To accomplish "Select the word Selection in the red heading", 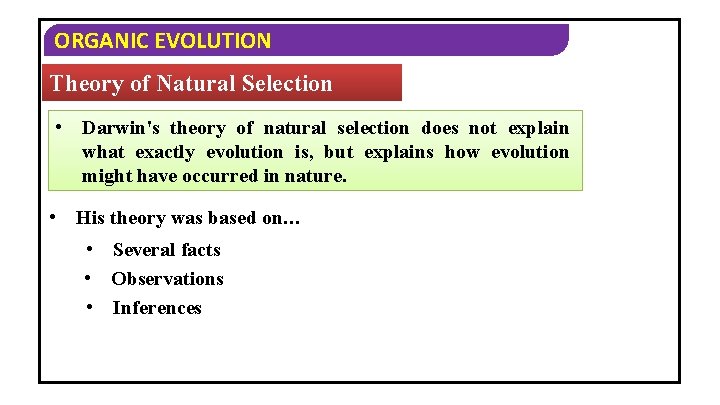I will (x=287, y=84).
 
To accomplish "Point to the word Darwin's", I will (x=120, y=128).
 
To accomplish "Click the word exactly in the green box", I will (x=166, y=152).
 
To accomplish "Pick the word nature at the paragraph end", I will (x=315, y=176).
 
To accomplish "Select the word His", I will (x=90, y=219).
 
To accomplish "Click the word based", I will (x=232, y=219).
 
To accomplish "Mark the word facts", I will (x=201, y=250).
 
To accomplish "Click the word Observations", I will (x=167, y=279).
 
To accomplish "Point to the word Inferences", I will (x=157, y=308).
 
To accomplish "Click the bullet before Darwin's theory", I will (x=61, y=127).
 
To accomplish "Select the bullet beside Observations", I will (x=91, y=278).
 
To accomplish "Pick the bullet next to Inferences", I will (x=91, y=307).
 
